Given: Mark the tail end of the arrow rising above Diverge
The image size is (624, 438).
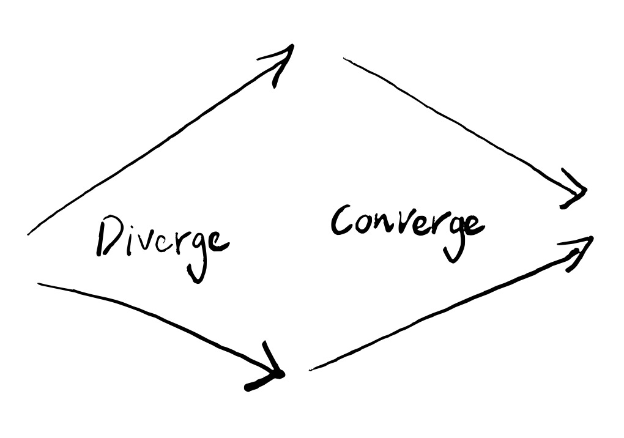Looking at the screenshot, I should pyautogui.click(x=29, y=233).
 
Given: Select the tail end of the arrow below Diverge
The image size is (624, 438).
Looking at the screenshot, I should pyautogui.click(x=40, y=284).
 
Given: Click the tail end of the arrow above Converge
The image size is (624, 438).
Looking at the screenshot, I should pyautogui.click(x=344, y=59).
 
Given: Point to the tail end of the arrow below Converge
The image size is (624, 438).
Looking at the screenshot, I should pyautogui.click(x=311, y=369).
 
